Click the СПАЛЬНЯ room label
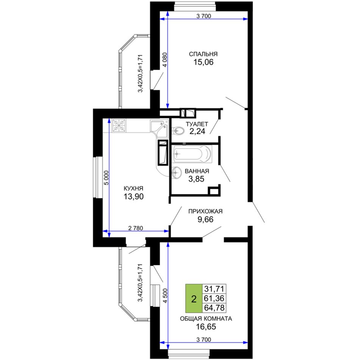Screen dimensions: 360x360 203,54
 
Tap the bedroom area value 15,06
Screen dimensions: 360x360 203,62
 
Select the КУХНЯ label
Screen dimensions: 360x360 133,188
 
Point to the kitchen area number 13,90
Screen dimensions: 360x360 134,197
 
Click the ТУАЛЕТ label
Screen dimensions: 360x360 197,124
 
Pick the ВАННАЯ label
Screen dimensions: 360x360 197,171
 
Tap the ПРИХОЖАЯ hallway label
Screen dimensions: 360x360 205,211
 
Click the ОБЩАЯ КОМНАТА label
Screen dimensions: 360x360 206,319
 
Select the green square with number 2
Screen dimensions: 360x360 194,299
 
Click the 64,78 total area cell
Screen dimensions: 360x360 214,308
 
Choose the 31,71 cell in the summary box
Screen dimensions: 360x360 214,289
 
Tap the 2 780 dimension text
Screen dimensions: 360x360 135,228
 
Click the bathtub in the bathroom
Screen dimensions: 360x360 193,153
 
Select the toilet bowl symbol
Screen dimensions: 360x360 178,131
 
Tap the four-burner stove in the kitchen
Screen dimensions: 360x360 119,125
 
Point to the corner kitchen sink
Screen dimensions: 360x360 160,128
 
